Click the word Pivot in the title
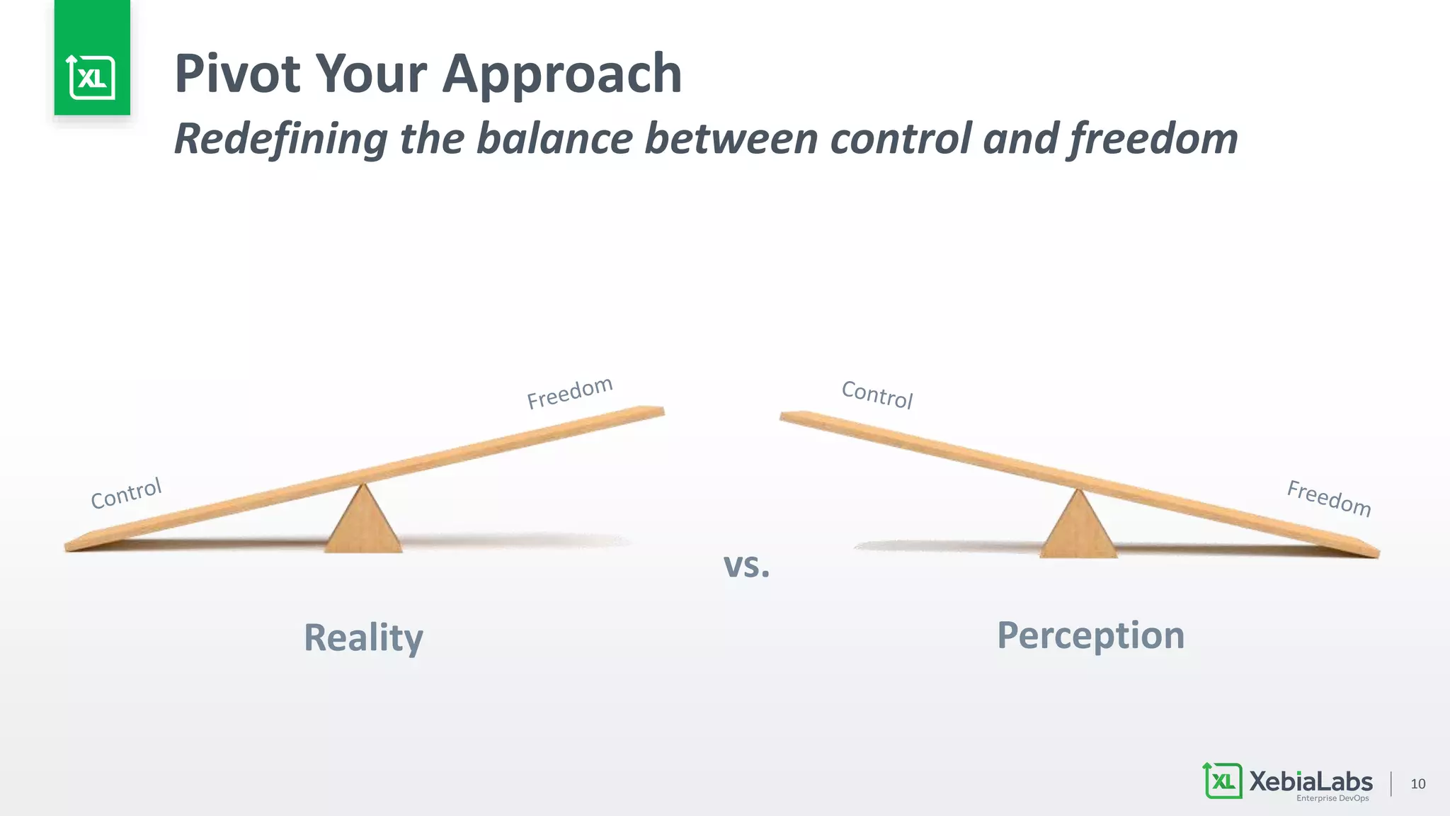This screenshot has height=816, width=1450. [238, 74]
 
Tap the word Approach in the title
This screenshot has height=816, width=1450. [561, 75]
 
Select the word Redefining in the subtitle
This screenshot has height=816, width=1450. [280, 138]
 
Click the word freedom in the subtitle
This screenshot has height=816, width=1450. [1153, 138]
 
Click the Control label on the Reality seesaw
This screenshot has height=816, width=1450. [127, 493]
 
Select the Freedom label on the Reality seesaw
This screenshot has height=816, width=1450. [569, 392]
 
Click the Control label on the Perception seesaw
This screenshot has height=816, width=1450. [877, 395]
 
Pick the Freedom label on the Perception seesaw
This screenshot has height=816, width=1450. [1329, 498]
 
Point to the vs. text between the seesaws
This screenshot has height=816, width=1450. [746, 565]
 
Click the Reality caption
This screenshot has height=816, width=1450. [363, 637]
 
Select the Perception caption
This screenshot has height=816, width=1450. [1090, 635]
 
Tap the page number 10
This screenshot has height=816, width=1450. [1417, 783]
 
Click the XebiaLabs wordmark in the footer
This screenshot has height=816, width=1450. [1311, 781]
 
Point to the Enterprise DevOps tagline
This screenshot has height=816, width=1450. [1332, 798]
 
